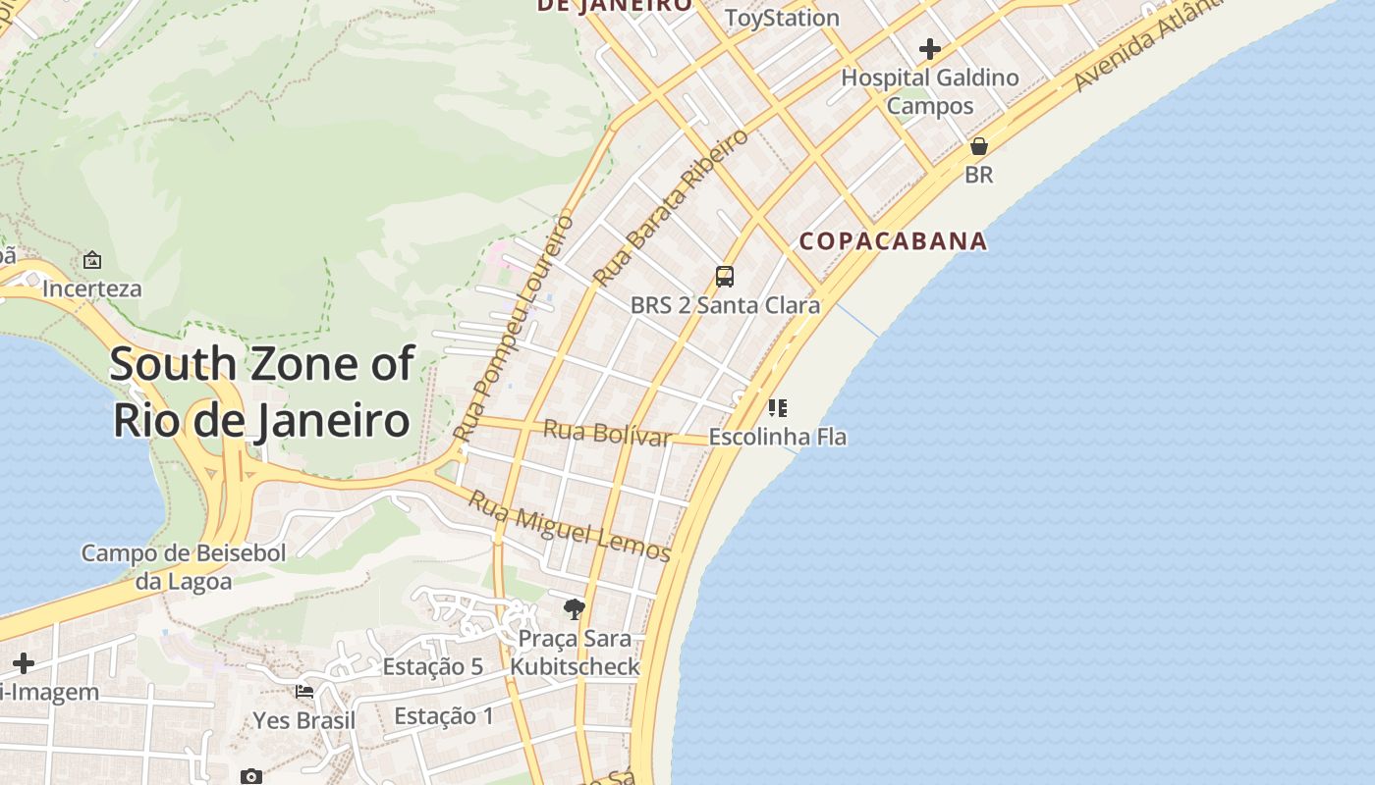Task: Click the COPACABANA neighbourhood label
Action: pyautogui.click(x=893, y=241)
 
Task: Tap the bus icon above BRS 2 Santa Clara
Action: pyautogui.click(x=725, y=277)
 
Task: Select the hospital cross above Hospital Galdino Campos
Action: pyautogui.click(x=930, y=48)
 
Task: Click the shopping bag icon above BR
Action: pyautogui.click(x=979, y=146)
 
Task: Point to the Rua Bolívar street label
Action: pyautogui.click(x=607, y=433)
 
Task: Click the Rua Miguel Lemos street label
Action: pyautogui.click(x=569, y=526)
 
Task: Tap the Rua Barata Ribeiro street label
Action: pyautogui.click(x=671, y=208)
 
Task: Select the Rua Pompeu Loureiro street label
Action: pyautogui.click(x=514, y=329)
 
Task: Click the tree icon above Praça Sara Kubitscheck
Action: pyautogui.click(x=575, y=609)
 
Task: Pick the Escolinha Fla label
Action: pyautogui.click(x=777, y=438)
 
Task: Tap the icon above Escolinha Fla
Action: pyautogui.click(x=778, y=407)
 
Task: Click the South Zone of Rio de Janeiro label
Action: pyautogui.click(x=261, y=392)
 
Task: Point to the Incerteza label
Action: pyautogui.click(x=91, y=289)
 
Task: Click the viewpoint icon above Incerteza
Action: pyautogui.click(x=92, y=260)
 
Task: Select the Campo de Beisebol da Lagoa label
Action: pyautogui.click(x=184, y=567)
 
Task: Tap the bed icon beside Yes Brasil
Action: pyautogui.click(x=304, y=692)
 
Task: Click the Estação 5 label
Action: pyautogui.click(x=432, y=667)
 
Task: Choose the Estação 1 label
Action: pyautogui.click(x=444, y=716)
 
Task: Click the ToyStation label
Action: pyautogui.click(x=782, y=18)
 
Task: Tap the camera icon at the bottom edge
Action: pyautogui.click(x=251, y=776)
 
